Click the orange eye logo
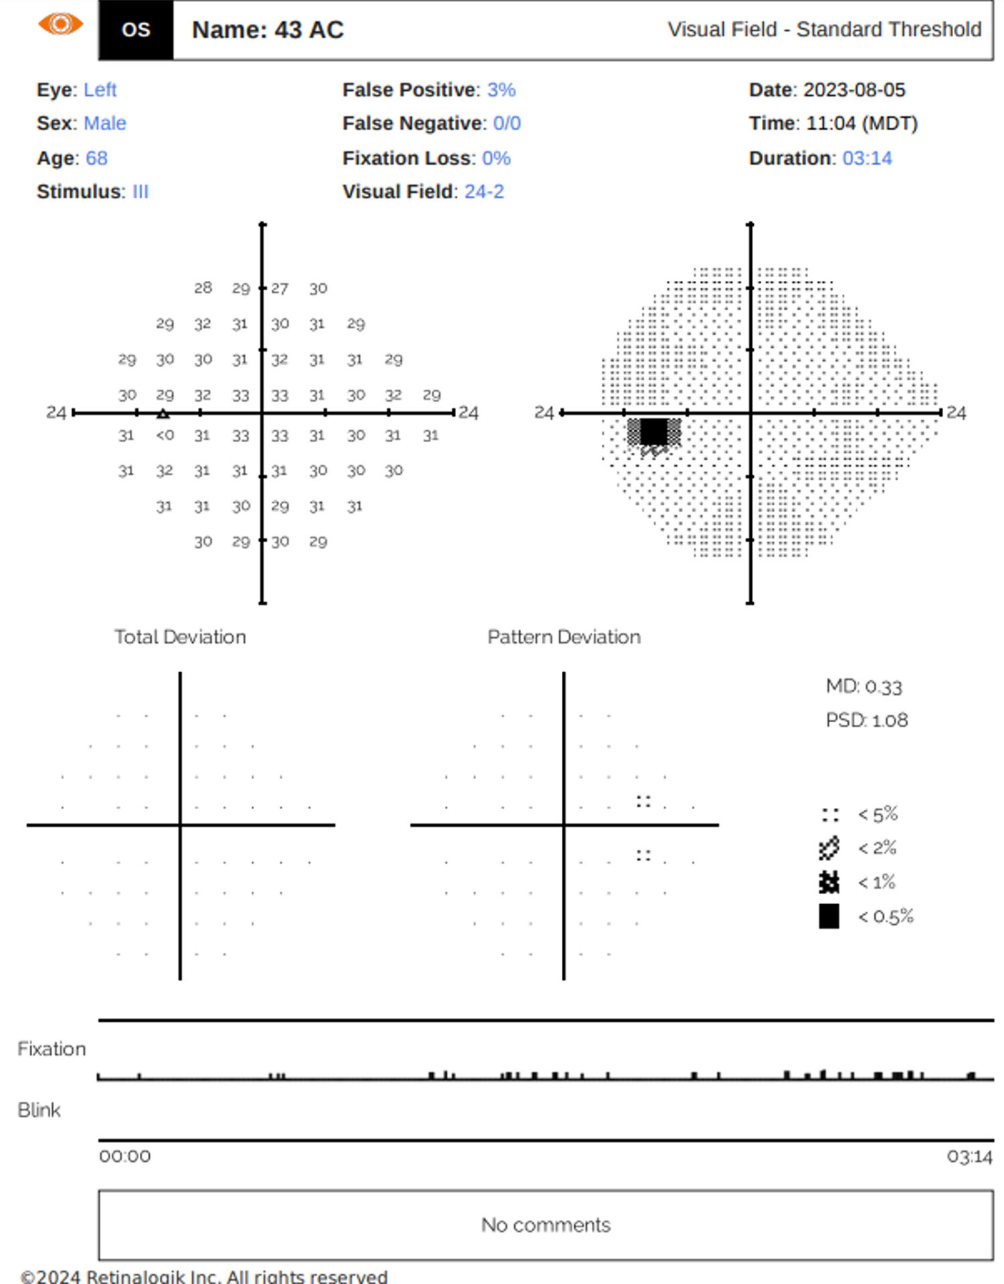pos(60,25)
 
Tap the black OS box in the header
pos(136,30)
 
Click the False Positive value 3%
pos(501,90)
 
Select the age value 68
pos(96,158)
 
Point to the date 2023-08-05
pos(854,90)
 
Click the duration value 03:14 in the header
pos(867,158)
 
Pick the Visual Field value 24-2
pos(484,191)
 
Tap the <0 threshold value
pos(165,435)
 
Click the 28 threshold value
pos(203,288)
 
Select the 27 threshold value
pos(280,288)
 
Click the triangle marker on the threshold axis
pos(163,414)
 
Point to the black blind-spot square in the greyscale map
pos(654,431)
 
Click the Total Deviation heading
pos(180,637)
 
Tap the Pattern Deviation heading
pos(564,637)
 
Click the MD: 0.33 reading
pos(864,687)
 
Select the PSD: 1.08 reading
pos(866,720)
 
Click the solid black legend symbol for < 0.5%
pos(829,916)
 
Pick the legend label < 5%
pos(878,815)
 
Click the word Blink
pos(39,1110)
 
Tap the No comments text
pos(546,1224)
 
